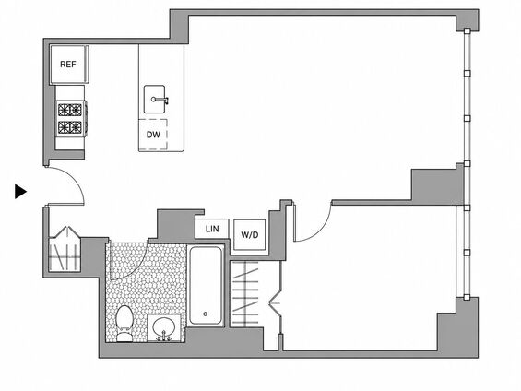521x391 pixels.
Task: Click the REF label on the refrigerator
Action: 68,65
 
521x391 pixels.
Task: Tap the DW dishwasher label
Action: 153,135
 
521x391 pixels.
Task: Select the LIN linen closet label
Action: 212,229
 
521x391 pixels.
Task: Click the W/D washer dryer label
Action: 249,235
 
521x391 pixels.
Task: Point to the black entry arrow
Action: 20,192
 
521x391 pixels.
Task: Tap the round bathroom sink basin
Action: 164,327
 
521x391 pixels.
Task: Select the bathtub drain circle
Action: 205,314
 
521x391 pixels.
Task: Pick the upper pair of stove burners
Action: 70,110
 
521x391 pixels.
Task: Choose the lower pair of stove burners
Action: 70,127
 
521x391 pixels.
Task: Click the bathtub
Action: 206,285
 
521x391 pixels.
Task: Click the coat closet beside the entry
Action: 65,249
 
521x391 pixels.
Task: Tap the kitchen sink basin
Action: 155,99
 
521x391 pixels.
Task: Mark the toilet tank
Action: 124,337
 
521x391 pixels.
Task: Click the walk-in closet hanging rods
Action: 245,293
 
